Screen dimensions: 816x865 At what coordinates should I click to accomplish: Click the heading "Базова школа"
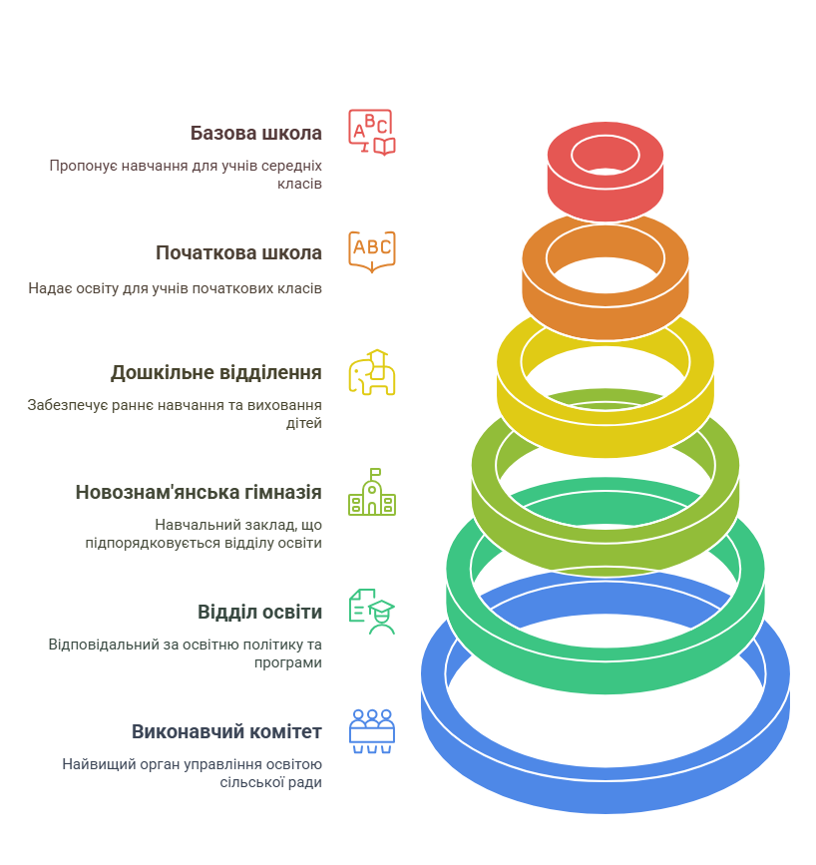pos(256,134)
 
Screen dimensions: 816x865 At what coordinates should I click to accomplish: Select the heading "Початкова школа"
pos(238,252)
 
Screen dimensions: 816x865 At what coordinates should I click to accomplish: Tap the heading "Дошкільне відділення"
pos(216,373)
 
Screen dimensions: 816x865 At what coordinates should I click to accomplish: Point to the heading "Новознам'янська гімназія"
pos(199,492)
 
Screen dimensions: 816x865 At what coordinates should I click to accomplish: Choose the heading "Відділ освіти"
pos(259,612)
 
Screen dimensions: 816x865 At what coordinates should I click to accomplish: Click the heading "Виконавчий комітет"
pos(226,731)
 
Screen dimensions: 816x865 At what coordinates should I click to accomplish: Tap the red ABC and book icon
pos(372,133)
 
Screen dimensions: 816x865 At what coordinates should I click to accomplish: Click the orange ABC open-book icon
pos(372,251)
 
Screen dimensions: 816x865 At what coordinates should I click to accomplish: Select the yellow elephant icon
pos(372,372)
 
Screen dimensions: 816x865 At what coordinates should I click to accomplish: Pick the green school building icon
pos(372,492)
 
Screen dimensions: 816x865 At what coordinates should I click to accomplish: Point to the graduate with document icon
pos(372,612)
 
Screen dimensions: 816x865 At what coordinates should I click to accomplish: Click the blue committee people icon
pos(372,731)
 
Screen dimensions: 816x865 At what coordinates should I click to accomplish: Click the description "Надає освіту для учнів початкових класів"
pos(175,288)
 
